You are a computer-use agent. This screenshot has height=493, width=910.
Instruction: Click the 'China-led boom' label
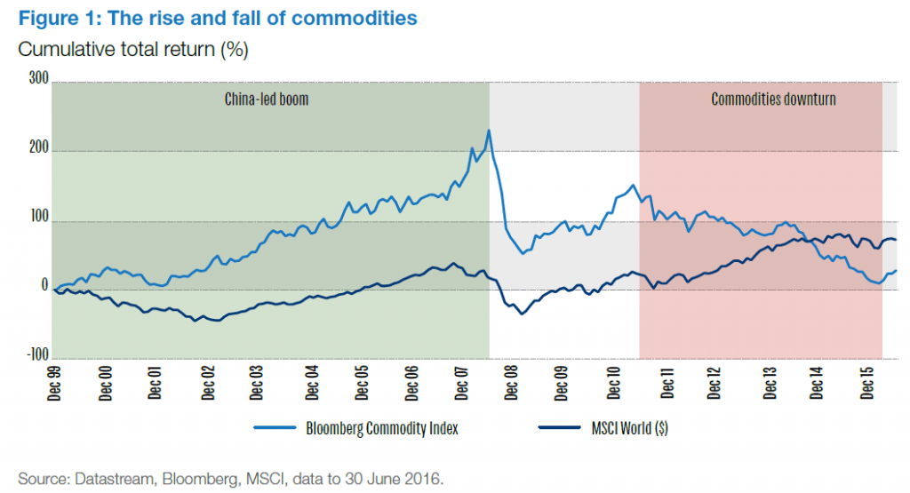point(267,99)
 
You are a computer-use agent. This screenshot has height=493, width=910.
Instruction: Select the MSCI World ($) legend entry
point(603,428)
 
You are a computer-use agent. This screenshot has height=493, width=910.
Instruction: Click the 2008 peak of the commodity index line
point(489,131)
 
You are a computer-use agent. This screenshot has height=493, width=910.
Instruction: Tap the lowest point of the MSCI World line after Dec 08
point(522,314)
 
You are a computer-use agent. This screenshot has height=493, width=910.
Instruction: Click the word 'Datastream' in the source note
point(110,479)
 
